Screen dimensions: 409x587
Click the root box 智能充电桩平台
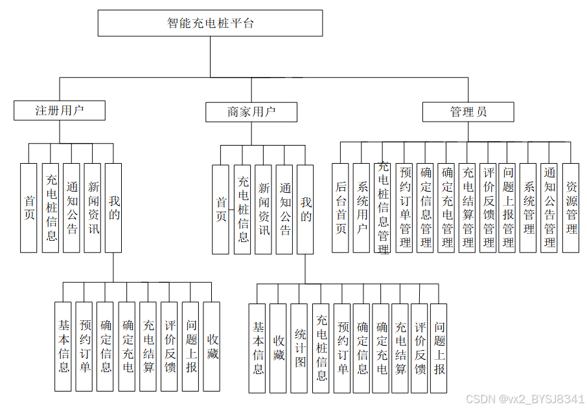pos(210,23)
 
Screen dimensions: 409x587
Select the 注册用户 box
pos(59,111)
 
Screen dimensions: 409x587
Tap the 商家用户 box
pos(251,112)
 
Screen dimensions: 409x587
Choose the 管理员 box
pos(468,112)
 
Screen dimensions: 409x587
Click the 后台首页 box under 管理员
pos(341,208)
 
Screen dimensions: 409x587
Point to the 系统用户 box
pos(362,208)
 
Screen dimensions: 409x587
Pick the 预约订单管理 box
pos(405,208)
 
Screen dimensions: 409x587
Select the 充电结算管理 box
pos(467,208)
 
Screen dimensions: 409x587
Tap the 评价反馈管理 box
pos(488,208)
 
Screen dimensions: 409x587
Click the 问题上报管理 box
pos(508,208)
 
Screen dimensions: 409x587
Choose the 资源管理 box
pos(571,208)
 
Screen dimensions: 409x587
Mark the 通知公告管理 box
pos(549,208)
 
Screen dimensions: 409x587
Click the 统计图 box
pos(299,348)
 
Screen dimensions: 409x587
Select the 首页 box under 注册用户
pos(29,208)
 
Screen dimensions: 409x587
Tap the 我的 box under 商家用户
pos(305,209)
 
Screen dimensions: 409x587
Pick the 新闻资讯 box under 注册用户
pos(93,208)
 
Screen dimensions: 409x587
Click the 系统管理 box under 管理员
pos(529,208)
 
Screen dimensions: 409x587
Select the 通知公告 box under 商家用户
pos(284,209)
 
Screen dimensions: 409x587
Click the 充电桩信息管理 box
pos(383,208)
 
